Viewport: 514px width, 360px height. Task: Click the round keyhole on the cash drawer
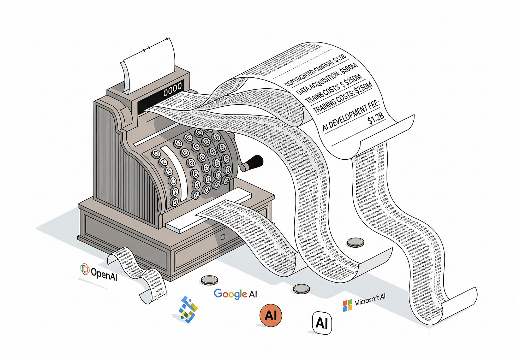coord(223,237)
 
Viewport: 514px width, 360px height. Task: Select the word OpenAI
coord(104,273)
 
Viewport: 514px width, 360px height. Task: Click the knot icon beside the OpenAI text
coord(85,269)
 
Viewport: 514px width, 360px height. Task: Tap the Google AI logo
coord(235,294)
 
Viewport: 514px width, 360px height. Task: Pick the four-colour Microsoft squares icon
coord(347,306)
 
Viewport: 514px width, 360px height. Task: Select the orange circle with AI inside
coord(271,315)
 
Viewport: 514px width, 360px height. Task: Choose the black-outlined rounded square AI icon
coord(322,323)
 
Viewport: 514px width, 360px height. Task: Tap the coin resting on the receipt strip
coord(355,242)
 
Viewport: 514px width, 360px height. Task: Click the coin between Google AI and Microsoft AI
coord(301,289)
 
